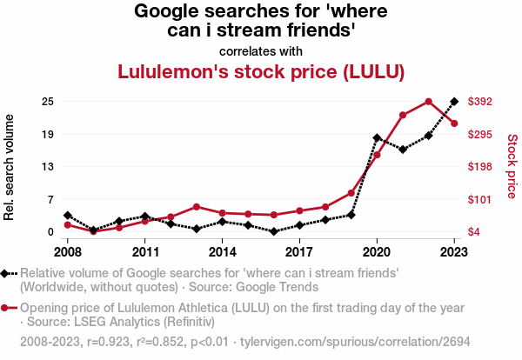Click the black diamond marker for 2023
[x=454, y=102]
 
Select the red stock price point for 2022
[x=428, y=102]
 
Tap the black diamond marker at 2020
[x=377, y=137]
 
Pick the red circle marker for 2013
[x=197, y=207]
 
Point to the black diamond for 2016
[x=274, y=231]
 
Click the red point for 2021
[x=403, y=115]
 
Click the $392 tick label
[x=479, y=102]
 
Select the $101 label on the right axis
[x=479, y=200]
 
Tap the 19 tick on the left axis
[x=48, y=135]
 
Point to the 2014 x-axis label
[x=223, y=252]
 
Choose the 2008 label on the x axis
[x=68, y=252]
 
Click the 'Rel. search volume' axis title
[x=9, y=167]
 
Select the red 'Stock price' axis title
[x=512, y=166]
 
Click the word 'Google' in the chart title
[x=166, y=11]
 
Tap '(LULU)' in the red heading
[x=374, y=71]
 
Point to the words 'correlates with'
[x=261, y=51]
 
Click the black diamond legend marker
[x=4, y=274]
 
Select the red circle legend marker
[x=4, y=308]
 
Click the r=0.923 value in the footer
[x=108, y=342]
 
